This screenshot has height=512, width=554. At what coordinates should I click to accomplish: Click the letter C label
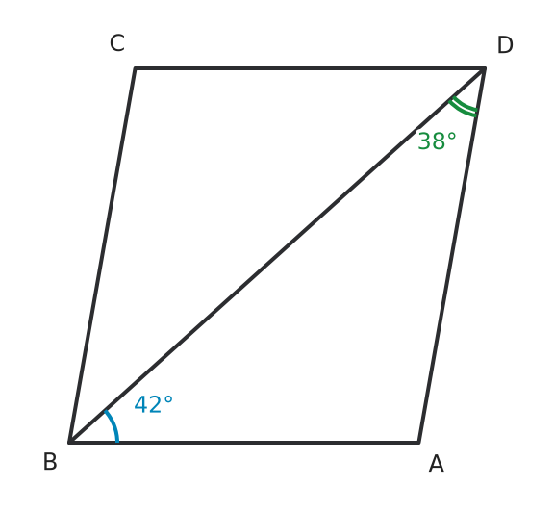[x=117, y=43]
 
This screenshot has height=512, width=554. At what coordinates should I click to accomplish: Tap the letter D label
[x=505, y=45]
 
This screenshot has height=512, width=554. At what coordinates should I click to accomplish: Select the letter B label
[x=50, y=461]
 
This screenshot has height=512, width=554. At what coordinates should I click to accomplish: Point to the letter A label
[x=437, y=464]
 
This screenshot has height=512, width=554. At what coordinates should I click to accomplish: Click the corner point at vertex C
[x=135, y=68]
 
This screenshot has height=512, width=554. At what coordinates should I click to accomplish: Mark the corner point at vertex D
[x=485, y=68]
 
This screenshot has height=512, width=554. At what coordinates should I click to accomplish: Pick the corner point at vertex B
[x=70, y=442]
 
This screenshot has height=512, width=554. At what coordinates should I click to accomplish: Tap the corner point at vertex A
[x=419, y=442]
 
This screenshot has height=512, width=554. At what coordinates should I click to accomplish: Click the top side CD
[x=310, y=68]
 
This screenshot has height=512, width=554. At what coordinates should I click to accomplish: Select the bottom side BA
[x=244, y=442]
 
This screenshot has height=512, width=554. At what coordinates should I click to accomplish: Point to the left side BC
[x=103, y=255]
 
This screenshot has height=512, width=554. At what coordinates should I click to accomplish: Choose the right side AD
[x=452, y=255]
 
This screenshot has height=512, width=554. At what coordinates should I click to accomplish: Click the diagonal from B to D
[x=277, y=255]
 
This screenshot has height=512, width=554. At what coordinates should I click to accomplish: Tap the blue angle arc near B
[x=114, y=424]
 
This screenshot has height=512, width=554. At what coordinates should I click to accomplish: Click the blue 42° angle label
[x=153, y=404]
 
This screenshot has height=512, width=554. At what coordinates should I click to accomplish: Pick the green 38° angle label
[x=437, y=141]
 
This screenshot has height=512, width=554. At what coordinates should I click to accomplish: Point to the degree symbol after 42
[x=168, y=400]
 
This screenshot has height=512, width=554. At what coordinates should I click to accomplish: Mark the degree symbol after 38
[x=451, y=137]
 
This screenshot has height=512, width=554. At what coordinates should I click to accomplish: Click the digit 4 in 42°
[x=140, y=404]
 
